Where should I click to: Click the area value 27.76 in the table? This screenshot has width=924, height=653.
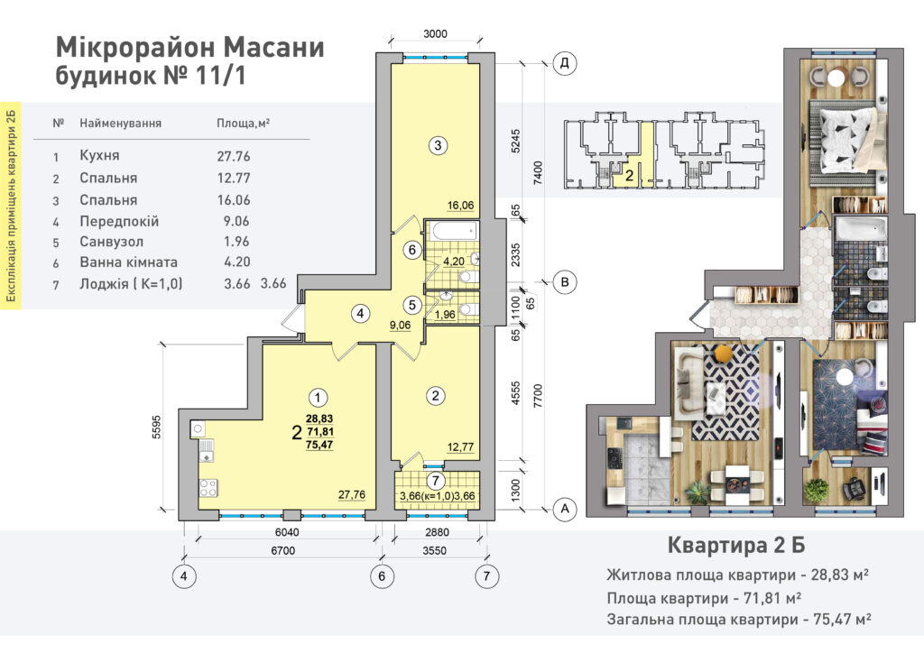click(x=234, y=156)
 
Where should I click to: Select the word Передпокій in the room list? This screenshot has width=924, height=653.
click(x=119, y=221)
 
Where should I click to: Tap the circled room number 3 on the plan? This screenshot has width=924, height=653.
click(x=438, y=145)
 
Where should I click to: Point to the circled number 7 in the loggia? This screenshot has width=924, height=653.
click(x=436, y=481)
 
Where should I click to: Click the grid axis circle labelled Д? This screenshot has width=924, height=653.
click(x=565, y=63)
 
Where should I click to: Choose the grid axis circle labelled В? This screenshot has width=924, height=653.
click(x=565, y=282)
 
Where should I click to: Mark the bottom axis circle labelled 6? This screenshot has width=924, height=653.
click(x=382, y=575)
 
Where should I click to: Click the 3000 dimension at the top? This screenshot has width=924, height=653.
click(x=436, y=34)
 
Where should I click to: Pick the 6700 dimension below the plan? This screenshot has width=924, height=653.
click(x=282, y=550)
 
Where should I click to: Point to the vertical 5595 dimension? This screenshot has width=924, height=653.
click(x=156, y=428)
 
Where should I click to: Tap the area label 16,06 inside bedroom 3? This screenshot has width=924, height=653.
click(x=460, y=206)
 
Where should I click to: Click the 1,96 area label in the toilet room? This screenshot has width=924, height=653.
click(x=445, y=315)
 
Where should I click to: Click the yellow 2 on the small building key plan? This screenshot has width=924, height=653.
click(x=629, y=175)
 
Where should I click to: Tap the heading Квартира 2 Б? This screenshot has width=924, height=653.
click(x=736, y=546)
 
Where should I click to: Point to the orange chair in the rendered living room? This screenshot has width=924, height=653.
click(x=723, y=354)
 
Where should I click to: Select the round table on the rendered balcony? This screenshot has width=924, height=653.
click(x=836, y=78)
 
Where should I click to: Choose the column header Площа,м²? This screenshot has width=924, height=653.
click(x=244, y=124)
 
